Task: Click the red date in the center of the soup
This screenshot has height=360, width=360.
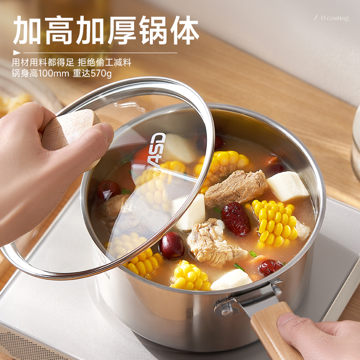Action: point(235,219)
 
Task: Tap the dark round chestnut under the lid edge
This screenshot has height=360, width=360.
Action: point(171,245)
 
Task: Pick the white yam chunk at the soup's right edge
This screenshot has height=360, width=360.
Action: point(288,186)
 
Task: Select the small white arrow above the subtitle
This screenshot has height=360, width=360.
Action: point(17,53)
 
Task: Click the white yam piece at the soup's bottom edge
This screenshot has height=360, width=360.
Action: point(231,279)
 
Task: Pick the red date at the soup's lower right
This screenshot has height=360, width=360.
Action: point(270,267)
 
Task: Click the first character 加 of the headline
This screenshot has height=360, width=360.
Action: point(28,30)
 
